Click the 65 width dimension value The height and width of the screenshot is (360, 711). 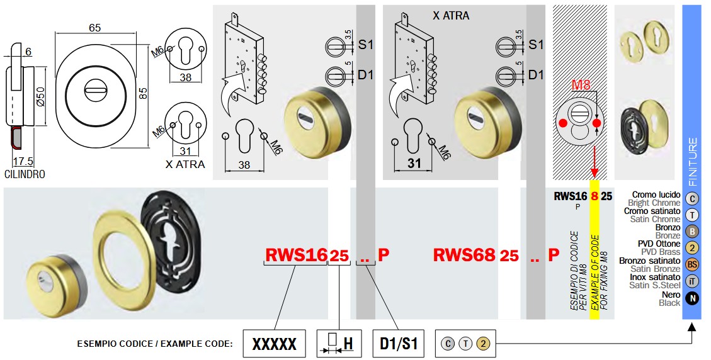[x=95, y=28]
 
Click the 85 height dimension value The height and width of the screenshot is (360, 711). [x=143, y=93]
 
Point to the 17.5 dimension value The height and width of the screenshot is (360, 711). [x=24, y=160]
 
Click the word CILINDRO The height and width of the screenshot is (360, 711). [x=25, y=174]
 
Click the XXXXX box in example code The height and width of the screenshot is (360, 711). [x=274, y=344]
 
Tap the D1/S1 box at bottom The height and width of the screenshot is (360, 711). [x=399, y=344]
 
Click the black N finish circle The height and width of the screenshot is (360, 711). [x=692, y=298]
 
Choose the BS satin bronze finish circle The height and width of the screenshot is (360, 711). [x=692, y=265]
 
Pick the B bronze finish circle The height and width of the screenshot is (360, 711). [x=692, y=232]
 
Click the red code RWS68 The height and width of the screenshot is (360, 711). [x=464, y=255]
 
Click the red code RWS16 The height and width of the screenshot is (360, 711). [x=296, y=255]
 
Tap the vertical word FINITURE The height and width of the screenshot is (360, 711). [x=692, y=160]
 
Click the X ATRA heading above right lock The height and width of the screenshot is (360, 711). [x=451, y=15]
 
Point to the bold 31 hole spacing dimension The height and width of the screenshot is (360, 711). [x=413, y=164]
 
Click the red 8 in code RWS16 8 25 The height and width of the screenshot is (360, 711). [x=594, y=196]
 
